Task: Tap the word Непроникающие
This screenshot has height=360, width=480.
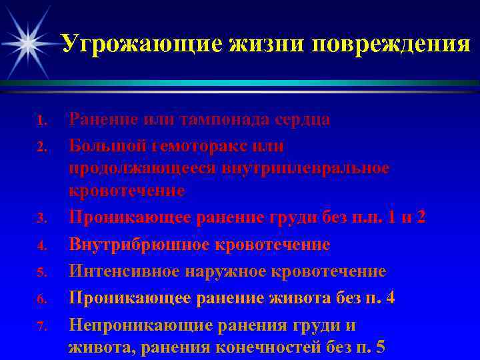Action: [x=139, y=326]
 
